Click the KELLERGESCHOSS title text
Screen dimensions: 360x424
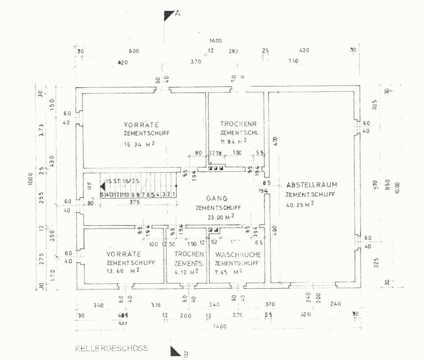tap(115, 349)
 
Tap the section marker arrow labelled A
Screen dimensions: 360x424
tap(169, 15)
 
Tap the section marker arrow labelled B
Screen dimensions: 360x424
tap(176, 351)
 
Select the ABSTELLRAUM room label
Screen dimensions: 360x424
tap(312, 184)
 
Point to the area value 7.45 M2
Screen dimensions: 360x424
tap(232, 272)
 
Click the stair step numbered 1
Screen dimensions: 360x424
tap(173, 194)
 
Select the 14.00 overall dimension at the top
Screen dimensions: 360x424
tap(215, 41)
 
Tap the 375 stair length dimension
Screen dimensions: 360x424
tap(134, 202)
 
